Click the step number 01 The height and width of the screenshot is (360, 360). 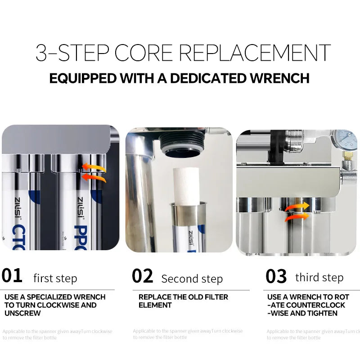tap(12, 275)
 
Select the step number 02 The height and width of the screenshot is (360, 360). tap(142, 276)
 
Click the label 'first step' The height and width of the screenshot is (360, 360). tap(55, 278)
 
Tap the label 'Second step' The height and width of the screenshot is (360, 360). tap(192, 279)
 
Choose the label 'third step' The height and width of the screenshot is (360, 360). tap(319, 277)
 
